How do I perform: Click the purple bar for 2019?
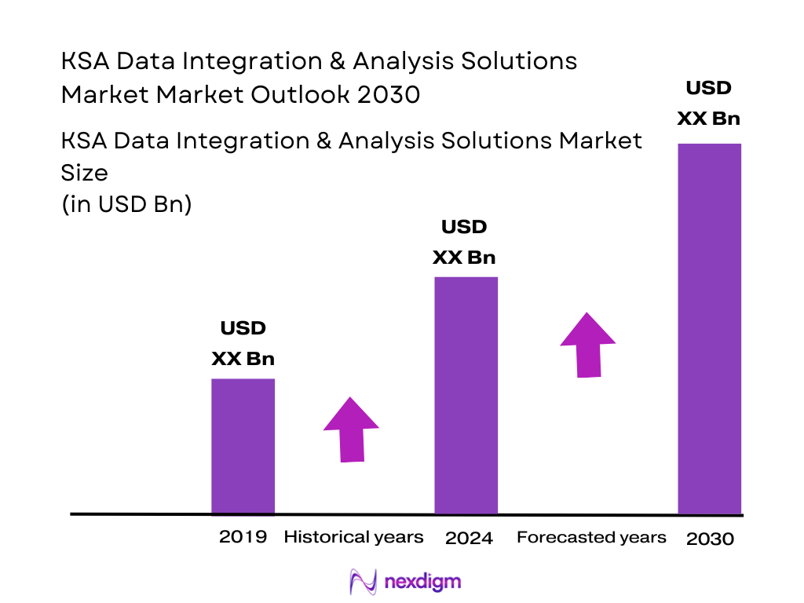[243, 446]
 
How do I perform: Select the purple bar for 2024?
[466, 395]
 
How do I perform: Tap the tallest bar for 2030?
[709, 328]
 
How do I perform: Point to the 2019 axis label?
[243, 537]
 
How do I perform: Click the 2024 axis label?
[469, 538]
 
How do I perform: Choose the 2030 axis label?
[710, 539]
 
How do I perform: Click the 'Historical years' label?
[353, 537]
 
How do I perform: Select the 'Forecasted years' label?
[591, 537]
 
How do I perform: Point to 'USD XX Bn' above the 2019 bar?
[243, 343]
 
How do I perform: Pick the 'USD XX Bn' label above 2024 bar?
[464, 242]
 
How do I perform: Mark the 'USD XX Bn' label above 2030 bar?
[708, 103]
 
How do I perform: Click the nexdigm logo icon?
[363, 582]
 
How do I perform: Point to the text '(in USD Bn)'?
[126, 205]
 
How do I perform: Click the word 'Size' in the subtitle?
[84, 172]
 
